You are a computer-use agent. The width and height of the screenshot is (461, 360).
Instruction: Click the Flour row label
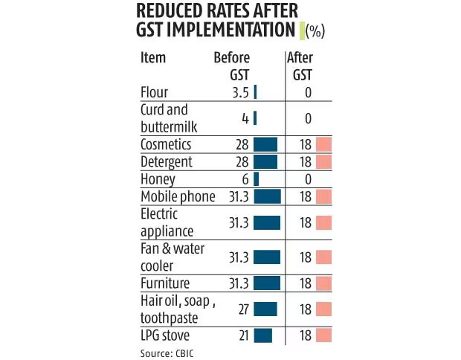(154, 93)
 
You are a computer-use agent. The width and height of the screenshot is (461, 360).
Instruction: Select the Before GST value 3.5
(238, 93)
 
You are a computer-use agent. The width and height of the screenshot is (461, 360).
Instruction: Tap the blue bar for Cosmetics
(265, 144)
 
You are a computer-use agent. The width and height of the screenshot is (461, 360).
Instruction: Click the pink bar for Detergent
(323, 162)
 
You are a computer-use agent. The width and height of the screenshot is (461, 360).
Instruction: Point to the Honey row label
(158, 179)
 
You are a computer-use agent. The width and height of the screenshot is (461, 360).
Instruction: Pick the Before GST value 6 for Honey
(245, 179)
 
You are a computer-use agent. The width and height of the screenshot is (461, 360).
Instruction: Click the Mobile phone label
(178, 196)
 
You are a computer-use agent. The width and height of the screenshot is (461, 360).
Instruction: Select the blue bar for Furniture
(266, 283)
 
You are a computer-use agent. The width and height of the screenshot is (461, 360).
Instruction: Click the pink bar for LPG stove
(323, 335)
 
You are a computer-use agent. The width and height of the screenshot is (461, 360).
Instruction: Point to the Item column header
(153, 58)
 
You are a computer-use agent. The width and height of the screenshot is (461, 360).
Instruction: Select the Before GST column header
(232, 66)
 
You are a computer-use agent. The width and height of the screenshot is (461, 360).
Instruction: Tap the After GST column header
(301, 66)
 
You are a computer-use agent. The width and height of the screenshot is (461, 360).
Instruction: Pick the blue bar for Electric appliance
(266, 222)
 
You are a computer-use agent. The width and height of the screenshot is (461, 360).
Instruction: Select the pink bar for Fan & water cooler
(323, 257)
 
